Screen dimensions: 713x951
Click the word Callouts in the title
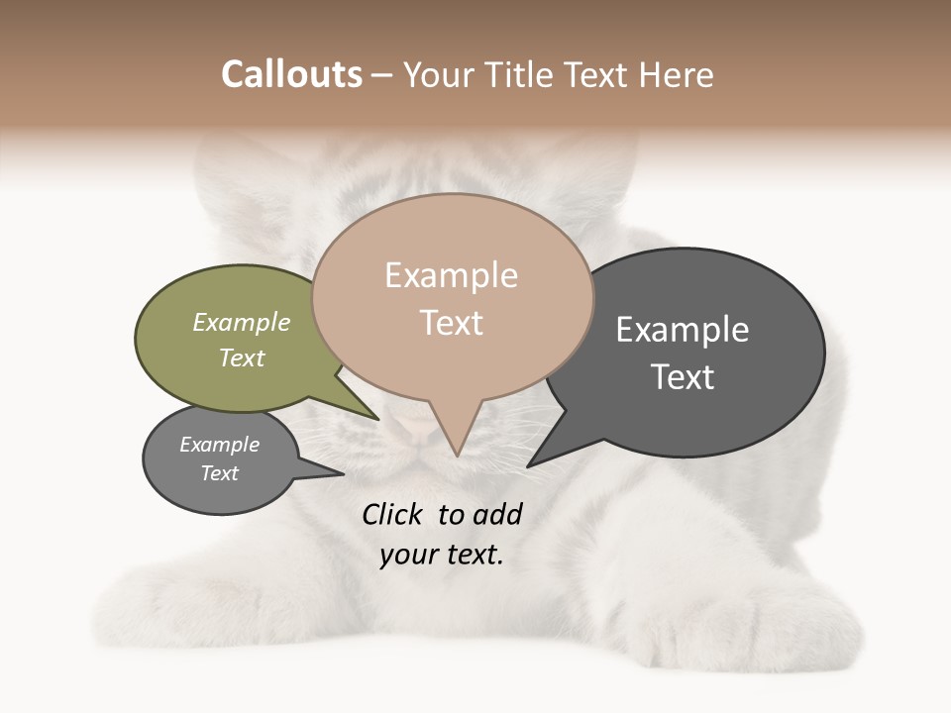291,74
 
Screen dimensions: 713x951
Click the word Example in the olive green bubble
242,322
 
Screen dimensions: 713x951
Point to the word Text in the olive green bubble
242,357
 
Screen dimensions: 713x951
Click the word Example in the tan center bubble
451,275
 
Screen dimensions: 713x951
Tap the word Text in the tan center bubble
452,323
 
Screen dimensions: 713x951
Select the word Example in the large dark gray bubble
683,330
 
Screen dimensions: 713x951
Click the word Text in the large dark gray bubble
683,377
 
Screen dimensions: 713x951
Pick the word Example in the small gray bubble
219,445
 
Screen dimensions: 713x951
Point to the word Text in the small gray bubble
219,473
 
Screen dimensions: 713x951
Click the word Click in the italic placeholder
394,514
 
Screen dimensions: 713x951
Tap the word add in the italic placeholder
497,514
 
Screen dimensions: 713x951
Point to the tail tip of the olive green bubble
377,418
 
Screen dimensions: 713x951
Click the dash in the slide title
382,75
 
